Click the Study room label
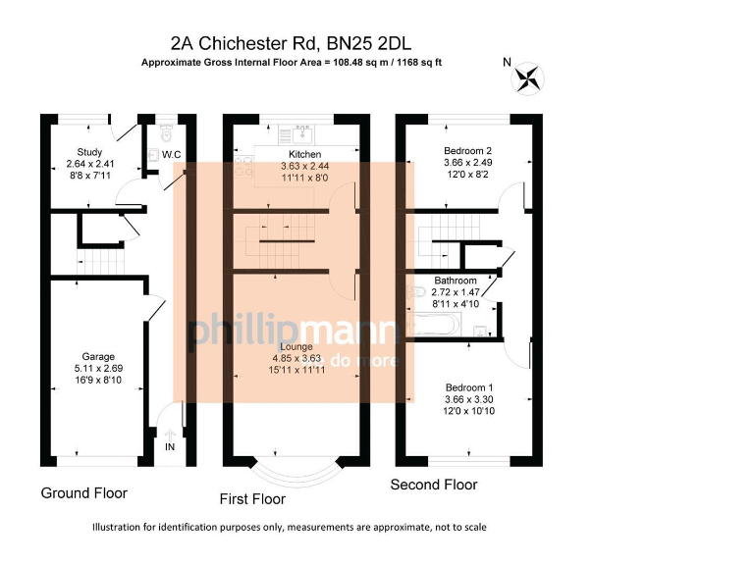tap(89, 152)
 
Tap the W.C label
tap(172, 155)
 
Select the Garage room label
tap(98, 356)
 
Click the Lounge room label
tap(296, 347)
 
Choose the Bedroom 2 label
tap(466, 149)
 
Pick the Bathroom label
tap(456, 281)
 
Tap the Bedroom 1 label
tap(466, 386)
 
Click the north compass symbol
tap(529, 77)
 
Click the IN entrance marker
tap(170, 445)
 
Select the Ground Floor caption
tap(84, 492)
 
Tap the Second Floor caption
tap(434, 485)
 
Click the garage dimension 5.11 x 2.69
tap(98, 369)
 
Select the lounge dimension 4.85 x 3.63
tap(296, 359)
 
